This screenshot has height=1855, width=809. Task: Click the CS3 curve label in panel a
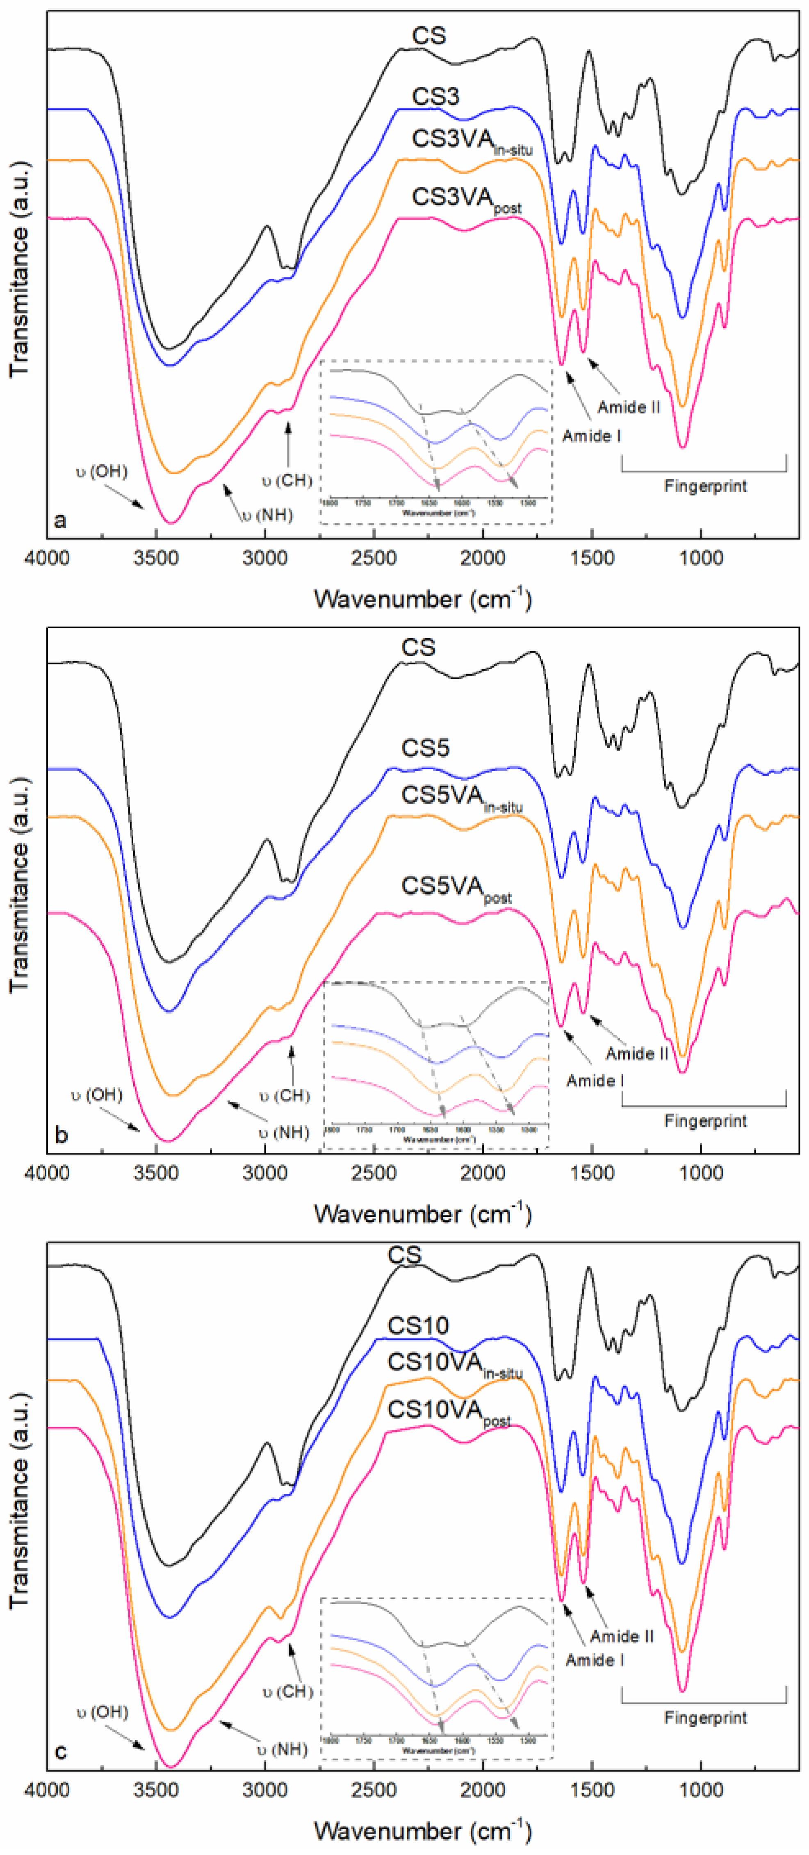click(x=435, y=96)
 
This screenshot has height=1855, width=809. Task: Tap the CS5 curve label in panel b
click(x=425, y=748)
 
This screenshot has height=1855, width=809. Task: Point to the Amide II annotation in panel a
click(x=628, y=407)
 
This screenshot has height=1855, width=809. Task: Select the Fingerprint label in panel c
click(x=705, y=1717)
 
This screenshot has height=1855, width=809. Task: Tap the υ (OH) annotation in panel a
click(x=102, y=472)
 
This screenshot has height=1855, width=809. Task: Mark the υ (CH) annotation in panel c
click(x=287, y=1691)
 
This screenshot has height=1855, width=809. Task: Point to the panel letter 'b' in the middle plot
click(x=61, y=1135)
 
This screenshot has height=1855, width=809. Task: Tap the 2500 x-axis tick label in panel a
click(x=374, y=558)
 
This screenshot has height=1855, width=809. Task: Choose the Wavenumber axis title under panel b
click(x=422, y=1214)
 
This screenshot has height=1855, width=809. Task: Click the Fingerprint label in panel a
click(x=705, y=486)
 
